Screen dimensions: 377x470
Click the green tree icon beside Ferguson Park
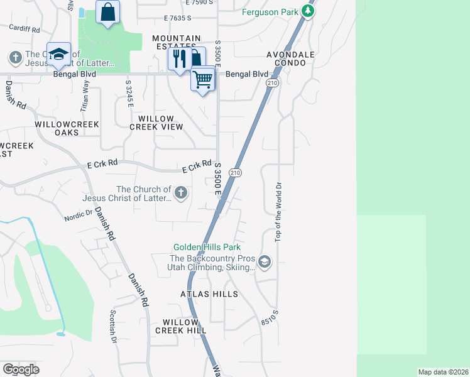click(307, 11)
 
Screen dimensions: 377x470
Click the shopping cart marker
click(203, 80)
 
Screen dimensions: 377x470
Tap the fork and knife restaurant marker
click(180, 59)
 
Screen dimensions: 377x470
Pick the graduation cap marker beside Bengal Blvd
click(58, 55)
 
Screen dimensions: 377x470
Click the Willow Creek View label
click(156, 123)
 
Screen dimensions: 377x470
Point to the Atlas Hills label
click(209, 294)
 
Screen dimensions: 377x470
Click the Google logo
click(21, 369)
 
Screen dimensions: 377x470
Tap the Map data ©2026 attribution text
click(443, 372)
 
